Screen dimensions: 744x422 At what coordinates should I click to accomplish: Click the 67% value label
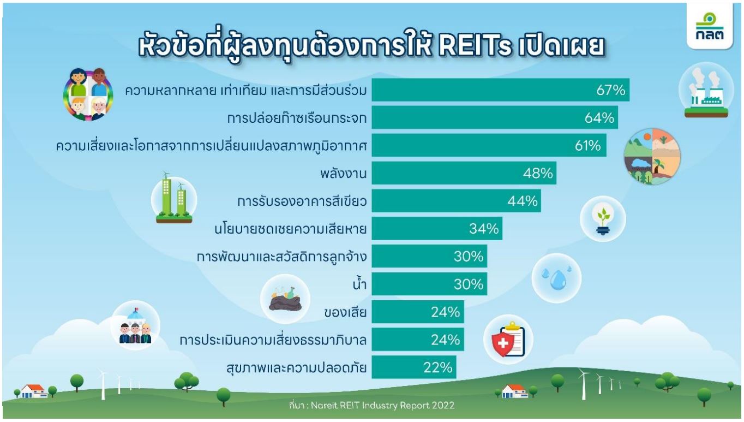[610, 90]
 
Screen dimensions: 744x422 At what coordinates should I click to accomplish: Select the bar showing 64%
[495, 117]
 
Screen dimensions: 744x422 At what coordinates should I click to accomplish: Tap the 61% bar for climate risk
[489, 145]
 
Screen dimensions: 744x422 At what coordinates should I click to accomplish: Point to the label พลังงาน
[344, 174]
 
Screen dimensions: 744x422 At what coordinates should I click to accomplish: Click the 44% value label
[523, 201]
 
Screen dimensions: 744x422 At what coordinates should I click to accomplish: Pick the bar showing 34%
[437, 228]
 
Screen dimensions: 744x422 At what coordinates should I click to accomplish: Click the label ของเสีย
[345, 312]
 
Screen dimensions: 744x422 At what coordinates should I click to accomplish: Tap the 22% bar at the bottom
[414, 367]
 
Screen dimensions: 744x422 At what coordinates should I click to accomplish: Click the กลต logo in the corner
[710, 27]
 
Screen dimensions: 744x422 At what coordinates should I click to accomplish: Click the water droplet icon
[557, 278]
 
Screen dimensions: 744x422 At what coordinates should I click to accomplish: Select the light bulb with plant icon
[603, 218]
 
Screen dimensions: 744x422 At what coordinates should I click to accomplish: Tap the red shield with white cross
[503, 343]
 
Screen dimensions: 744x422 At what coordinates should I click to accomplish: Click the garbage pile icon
[285, 299]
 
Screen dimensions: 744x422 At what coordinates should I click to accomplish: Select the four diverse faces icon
[88, 94]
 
